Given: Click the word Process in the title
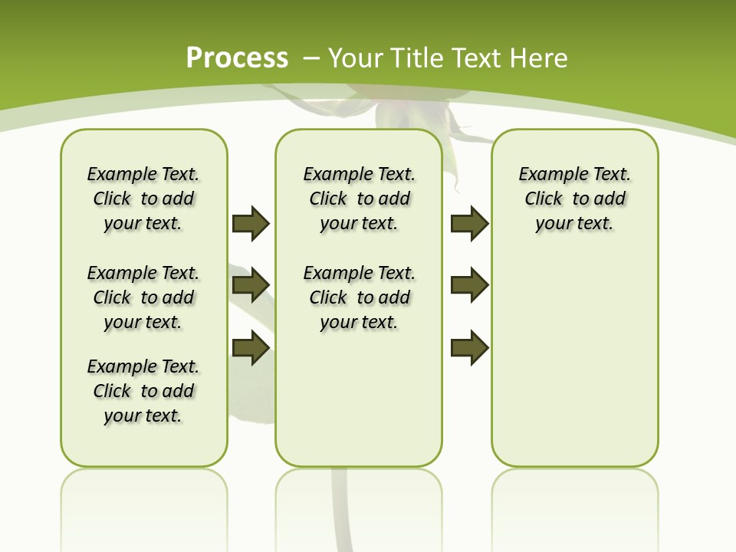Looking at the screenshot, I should tap(237, 58).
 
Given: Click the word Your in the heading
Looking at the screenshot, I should tap(356, 58).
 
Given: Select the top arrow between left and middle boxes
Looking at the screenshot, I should tap(251, 223).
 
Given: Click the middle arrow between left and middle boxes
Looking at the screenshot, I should tap(251, 285).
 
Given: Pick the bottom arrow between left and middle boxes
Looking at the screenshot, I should tap(251, 348).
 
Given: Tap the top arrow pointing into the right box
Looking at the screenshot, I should tap(470, 223).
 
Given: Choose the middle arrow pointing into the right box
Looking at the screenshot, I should tap(470, 285).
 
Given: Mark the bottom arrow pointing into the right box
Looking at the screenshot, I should tap(470, 348).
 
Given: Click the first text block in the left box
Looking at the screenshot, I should tap(143, 199).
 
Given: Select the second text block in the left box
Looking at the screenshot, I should tap(143, 297).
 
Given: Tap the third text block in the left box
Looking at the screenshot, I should tap(143, 391).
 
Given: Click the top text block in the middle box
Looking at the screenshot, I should tap(359, 199).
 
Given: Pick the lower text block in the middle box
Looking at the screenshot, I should tap(359, 297).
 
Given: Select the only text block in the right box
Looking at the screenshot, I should tap(574, 199).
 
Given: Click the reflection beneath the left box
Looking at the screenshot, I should tap(143, 498).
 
